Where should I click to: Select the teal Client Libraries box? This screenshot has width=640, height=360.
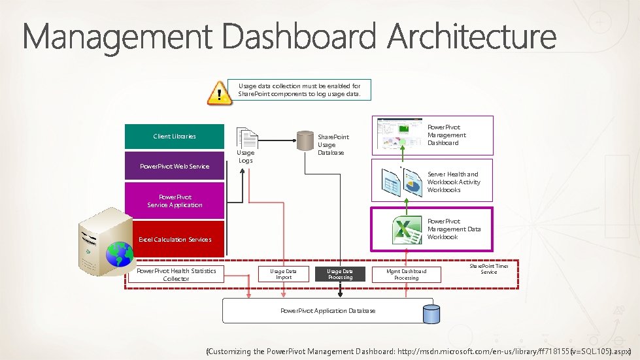coord(175,137)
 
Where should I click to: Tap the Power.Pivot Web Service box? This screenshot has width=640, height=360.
coord(175,167)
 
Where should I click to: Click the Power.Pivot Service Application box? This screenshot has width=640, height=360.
coord(175,201)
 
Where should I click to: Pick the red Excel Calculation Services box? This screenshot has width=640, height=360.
coord(175,239)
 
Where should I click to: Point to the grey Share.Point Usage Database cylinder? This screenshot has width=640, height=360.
coord(305,140)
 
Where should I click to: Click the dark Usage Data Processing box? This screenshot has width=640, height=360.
coord(340,274)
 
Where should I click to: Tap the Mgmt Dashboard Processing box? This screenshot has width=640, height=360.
coord(406,274)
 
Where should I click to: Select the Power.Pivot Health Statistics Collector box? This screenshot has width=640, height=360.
coord(176,274)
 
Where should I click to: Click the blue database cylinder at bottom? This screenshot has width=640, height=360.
coord(431,314)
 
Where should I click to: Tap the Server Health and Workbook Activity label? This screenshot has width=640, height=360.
coord(453,182)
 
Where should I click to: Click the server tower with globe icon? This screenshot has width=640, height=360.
coord(104,242)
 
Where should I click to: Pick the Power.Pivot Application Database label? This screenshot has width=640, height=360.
coord(328,311)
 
